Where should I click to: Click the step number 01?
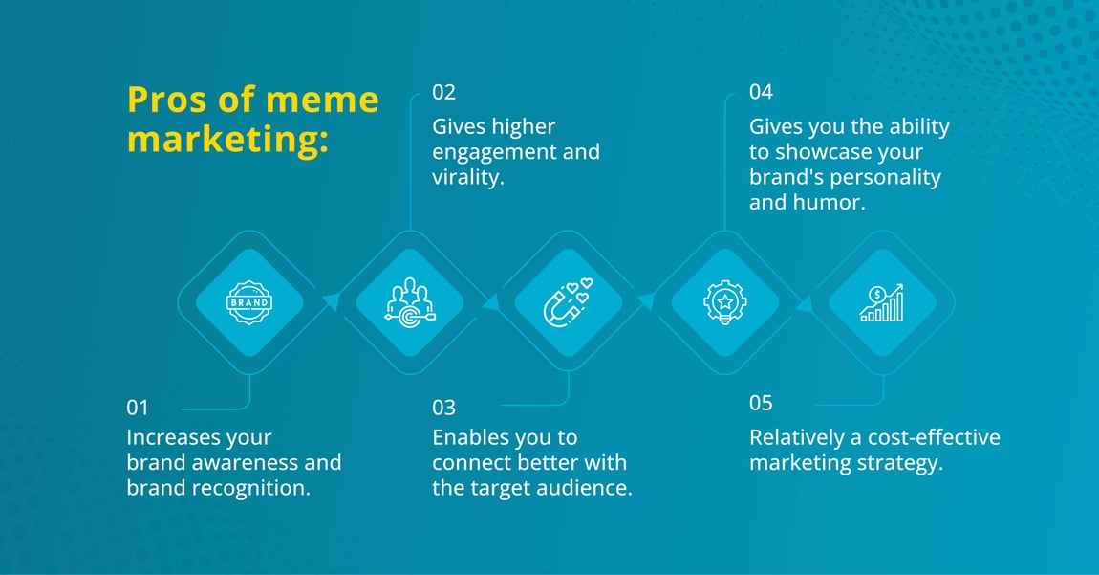[x=138, y=408]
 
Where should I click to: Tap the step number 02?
[x=443, y=92]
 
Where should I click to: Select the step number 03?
[x=443, y=408]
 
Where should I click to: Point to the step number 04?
[x=761, y=92]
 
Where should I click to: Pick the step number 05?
[x=761, y=403]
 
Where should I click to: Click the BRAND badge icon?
[x=249, y=302]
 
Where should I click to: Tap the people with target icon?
[x=410, y=302]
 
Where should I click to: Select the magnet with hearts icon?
[x=568, y=302]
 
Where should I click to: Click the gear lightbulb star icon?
[x=725, y=302]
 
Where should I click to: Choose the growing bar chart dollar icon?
[x=882, y=303]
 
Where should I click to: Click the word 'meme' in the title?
[x=322, y=100]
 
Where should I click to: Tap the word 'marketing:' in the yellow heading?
[x=227, y=140]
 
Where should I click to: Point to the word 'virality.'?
[x=468, y=177]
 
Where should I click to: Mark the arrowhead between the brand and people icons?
[x=331, y=302]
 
